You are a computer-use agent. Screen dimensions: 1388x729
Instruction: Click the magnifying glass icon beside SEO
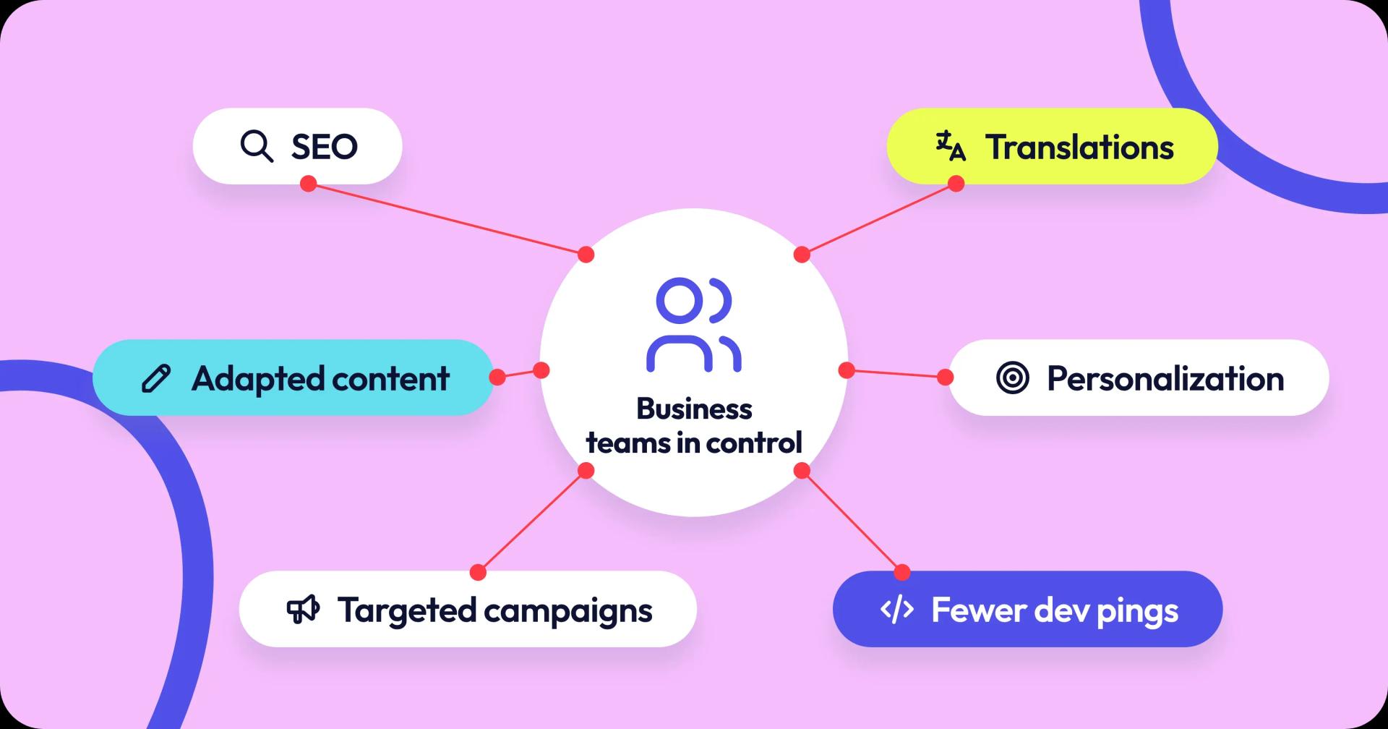tap(257, 146)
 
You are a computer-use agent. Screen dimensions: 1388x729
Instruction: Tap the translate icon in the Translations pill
tap(951, 145)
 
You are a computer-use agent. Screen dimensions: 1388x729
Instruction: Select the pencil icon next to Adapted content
tap(156, 378)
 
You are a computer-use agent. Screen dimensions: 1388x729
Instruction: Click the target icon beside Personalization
tap(1012, 378)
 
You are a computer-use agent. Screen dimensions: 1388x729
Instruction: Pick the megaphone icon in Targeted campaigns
tap(303, 610)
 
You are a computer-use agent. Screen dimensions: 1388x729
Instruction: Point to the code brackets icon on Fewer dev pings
tap(897, 610)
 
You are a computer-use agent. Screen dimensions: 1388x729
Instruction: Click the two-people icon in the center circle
tap(694, 325)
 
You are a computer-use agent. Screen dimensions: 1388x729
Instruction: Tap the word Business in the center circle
tap(694, 409)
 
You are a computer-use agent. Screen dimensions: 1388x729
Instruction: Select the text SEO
tap(325, 147)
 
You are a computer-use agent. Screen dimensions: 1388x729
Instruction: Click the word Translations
tap(1080, 147)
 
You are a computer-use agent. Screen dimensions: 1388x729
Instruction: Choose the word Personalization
tap(1165, 378)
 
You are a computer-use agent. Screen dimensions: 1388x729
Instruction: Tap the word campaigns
tap(568, 612)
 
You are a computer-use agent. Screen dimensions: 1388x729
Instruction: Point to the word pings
tap(1138, 612)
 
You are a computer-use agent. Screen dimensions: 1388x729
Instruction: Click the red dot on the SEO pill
tap(309, 184)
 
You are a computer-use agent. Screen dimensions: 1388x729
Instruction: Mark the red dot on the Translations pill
tap(956, 184)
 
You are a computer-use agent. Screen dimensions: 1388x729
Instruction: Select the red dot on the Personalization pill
tap(945, 377)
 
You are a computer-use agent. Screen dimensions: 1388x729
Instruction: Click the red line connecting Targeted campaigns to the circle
tap(532, 521)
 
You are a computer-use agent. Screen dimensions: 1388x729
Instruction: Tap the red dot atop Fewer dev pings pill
tap(902, 573)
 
